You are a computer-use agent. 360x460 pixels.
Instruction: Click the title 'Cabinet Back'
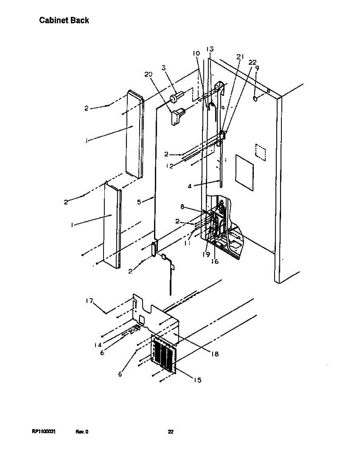click(64, 20)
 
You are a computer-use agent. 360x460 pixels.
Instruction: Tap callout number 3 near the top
click(163, 68)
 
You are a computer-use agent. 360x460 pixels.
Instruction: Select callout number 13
click(210, 49)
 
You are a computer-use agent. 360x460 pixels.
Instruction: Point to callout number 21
click(240, 57)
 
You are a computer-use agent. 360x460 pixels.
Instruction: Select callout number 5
click(140, 202)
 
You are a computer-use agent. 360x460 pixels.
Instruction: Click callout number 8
click(182, 207)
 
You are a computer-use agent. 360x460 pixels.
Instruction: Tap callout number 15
click(197, 380)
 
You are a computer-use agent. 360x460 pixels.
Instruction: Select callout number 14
click(98, 345)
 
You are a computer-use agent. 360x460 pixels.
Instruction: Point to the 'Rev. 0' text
click(82, 432)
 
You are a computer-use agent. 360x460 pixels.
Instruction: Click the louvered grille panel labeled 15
click(164, 353)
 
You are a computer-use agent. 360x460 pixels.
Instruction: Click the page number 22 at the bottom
click(171, 432)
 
